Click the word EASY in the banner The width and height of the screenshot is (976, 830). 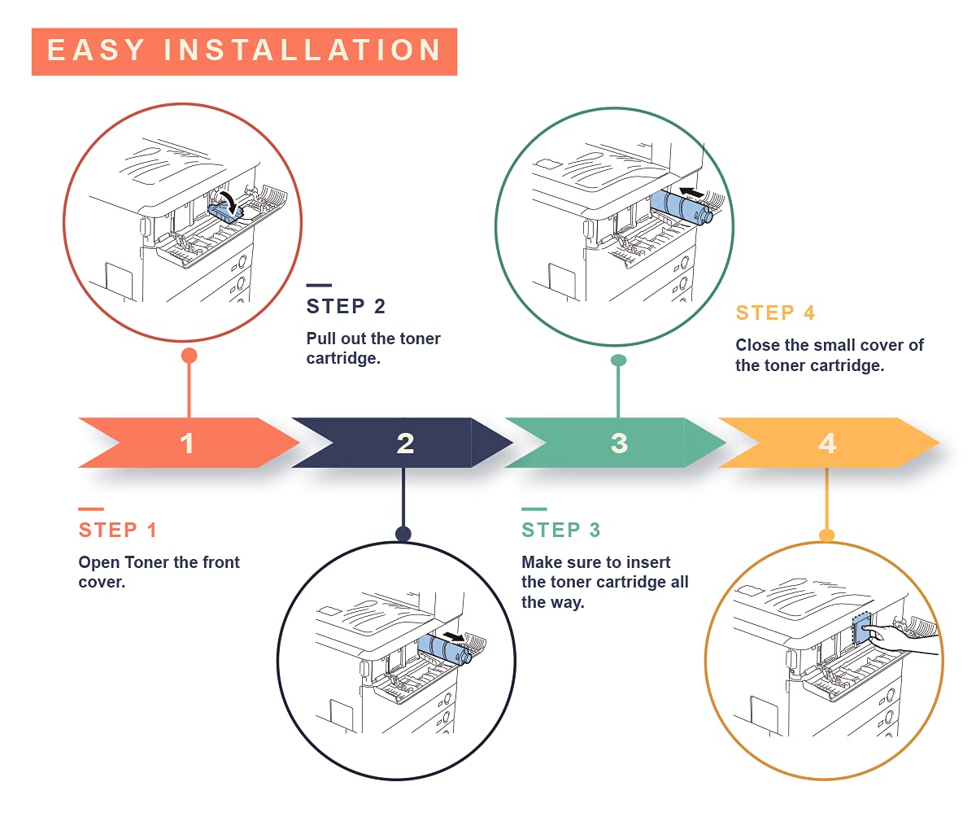96,50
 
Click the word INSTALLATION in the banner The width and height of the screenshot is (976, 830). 303,50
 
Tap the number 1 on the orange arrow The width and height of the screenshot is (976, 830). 187,443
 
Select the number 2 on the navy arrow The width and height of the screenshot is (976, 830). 405,443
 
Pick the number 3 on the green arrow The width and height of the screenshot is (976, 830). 619,443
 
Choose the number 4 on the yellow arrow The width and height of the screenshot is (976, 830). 827,443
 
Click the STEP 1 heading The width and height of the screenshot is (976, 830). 117,530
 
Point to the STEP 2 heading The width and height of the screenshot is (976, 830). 346,306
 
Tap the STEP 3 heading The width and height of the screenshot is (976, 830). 561,530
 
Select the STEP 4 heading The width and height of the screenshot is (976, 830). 775,312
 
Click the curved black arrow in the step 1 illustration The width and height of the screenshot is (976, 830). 230,201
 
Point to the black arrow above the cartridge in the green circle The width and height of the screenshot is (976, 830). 692,192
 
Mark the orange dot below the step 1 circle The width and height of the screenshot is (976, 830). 190,356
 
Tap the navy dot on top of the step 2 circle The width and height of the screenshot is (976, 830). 403,534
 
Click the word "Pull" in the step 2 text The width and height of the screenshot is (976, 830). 321,339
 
